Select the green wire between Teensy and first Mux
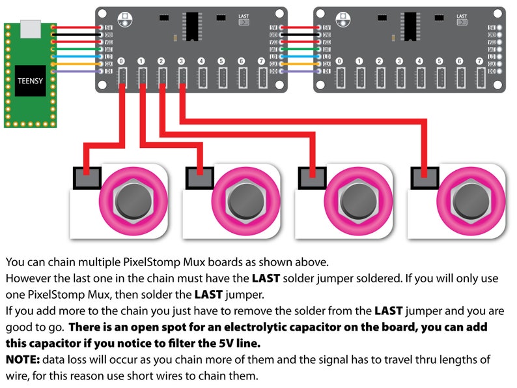coord(78,49)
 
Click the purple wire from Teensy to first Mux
coord(78,70)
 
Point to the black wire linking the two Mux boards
coord(300,35)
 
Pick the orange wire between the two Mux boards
coord(300,64)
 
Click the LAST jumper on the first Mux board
coord(244,21)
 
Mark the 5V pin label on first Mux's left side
coord(108,27)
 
